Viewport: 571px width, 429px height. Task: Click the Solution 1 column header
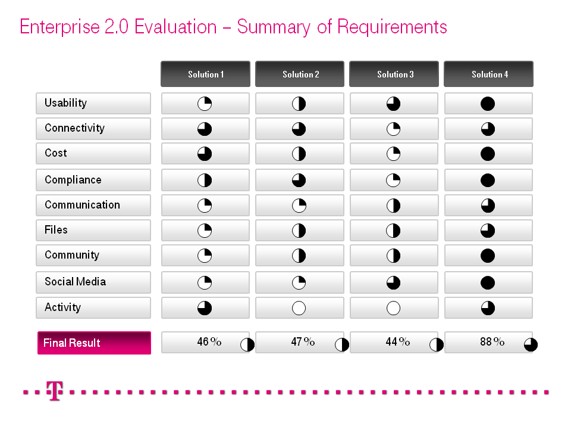205,74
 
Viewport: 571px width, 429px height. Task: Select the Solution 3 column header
394,74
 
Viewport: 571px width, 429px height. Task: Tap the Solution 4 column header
489,74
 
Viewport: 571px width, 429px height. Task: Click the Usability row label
65,103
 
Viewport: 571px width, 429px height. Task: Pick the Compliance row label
73,180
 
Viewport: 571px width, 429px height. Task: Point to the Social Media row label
75,282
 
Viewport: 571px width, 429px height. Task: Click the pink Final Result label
72,343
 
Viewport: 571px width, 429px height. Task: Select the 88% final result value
492,342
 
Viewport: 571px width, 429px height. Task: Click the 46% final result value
209,342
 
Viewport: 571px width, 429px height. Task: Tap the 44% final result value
397,342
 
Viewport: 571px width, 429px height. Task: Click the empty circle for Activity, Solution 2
299,308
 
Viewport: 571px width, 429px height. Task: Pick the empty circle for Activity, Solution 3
393,308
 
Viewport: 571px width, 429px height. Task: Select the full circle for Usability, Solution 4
488,104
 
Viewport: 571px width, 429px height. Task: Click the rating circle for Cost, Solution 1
205,154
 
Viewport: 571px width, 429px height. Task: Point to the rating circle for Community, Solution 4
488,256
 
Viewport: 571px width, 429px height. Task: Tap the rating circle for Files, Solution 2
299,231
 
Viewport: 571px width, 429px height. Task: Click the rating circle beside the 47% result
342,345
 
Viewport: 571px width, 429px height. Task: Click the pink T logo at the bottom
55,391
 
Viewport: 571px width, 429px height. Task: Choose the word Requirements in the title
392,27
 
